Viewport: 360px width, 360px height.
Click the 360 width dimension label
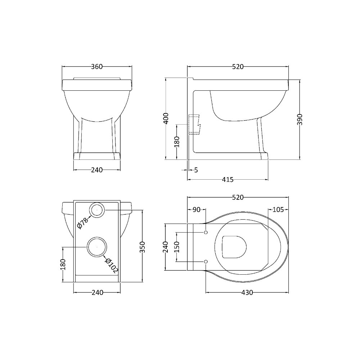click(97, 67)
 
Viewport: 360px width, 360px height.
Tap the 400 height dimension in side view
click(166, 118)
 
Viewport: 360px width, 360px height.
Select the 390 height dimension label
click(300, 120)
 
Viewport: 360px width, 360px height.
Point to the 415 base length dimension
click(228, 180)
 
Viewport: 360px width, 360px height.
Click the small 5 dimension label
click(196, 170)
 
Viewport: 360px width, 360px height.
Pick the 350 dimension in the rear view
click(143, 247)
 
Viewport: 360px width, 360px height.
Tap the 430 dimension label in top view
click(247, 292)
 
